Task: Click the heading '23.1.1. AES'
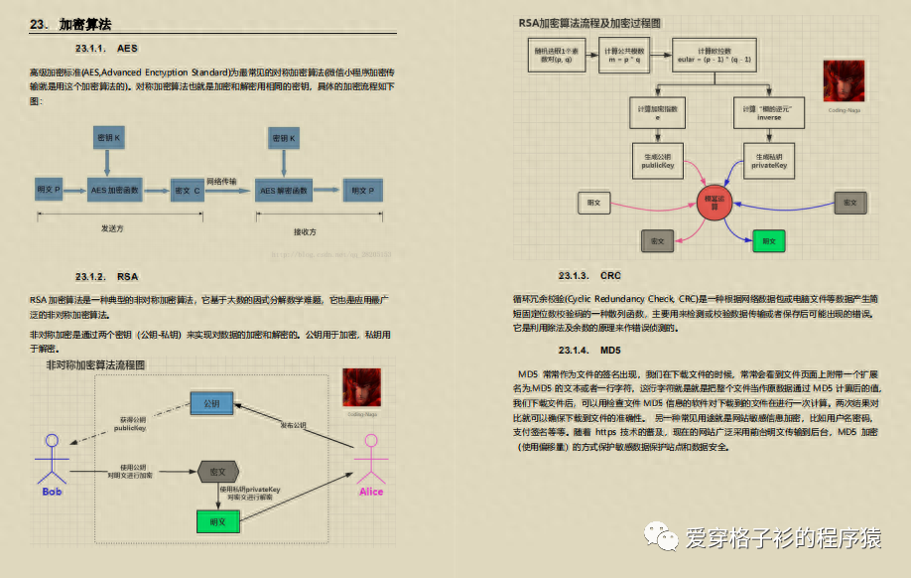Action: tap(105, 48)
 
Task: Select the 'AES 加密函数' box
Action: tap(116, 189)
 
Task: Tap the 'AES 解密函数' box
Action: tap(285, 189)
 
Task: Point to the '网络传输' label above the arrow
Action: tap(221, 181)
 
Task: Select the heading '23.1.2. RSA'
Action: tap(107, 276)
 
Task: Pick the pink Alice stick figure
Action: tap(371, 460)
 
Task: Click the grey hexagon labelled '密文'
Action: tap(216, 473)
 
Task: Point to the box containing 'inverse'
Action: tap(769, 111)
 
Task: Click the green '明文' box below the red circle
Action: tap(767, 240)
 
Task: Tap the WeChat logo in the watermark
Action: tap(663, 537)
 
